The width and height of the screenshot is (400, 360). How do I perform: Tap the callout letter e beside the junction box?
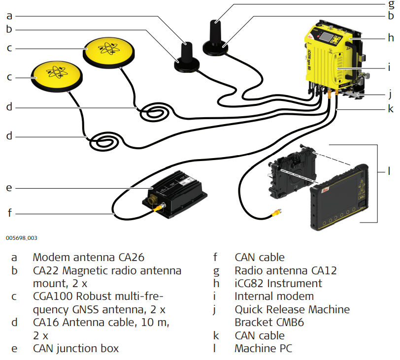click(9, 188)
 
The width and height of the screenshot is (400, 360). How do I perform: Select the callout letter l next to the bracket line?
click(389, 171)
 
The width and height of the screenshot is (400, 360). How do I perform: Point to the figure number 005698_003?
click(22, 238)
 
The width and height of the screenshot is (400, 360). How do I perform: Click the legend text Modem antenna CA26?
click(89, 258)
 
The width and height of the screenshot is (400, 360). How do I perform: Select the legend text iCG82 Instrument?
click(278, 284)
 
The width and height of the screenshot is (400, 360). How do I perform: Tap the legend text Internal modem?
click(274, 297)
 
